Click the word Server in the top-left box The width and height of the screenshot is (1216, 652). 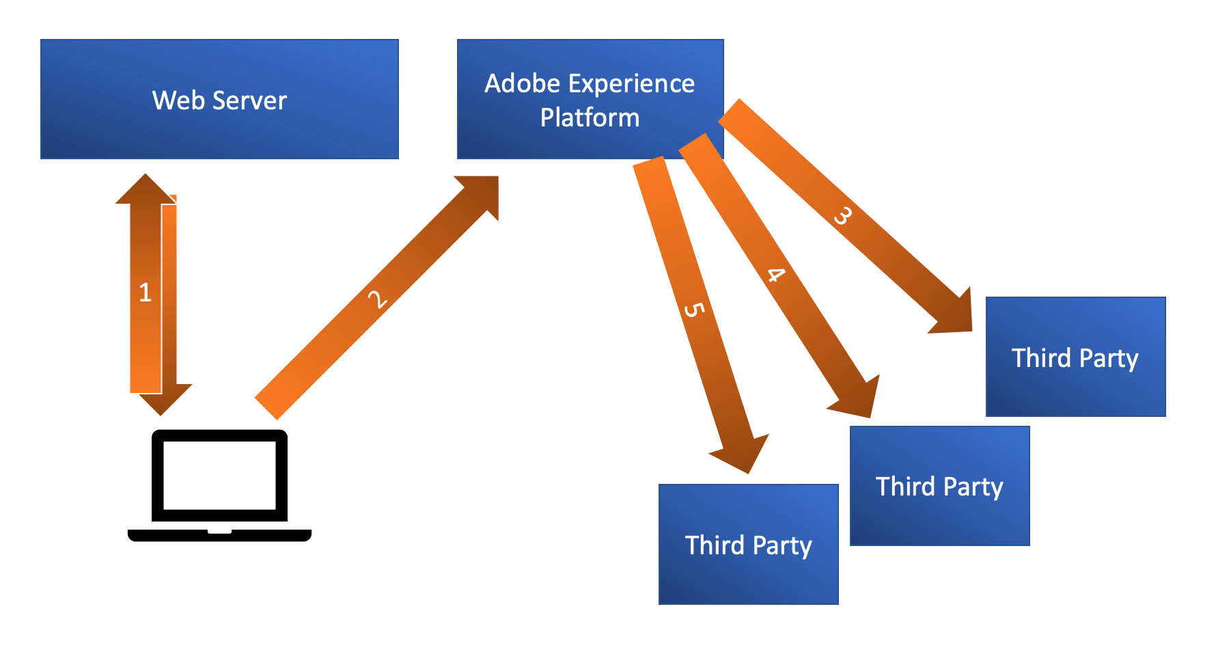(x=250, y=100)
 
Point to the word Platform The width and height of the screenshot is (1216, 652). (x=590, y=118)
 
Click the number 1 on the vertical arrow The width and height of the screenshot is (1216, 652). (x=145, y=293)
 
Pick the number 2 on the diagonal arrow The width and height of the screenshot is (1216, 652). (x=377, y=299)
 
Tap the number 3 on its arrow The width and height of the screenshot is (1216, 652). (x=843, y=215)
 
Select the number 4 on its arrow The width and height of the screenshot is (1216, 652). (x=775, y=275)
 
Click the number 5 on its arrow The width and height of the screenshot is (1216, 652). (x=693, y=310)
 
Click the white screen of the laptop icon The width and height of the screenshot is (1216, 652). (x=219, y=476)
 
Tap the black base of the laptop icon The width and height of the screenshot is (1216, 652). (x=219, y=535)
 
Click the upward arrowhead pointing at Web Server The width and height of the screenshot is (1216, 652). (x=146, y=189)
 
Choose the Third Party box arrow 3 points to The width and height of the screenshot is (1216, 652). (x=1076, y=357)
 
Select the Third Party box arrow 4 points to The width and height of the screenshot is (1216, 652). (x=940, y=486)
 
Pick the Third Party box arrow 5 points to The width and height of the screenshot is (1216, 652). (x=749, y=545)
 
